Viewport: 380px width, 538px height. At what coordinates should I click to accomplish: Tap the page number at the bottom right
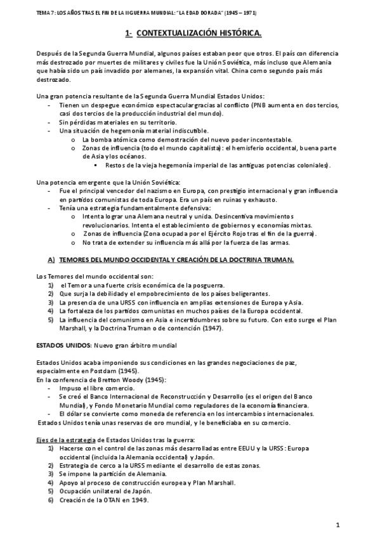[339, 525]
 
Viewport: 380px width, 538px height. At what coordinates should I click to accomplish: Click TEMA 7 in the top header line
[30, 11]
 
